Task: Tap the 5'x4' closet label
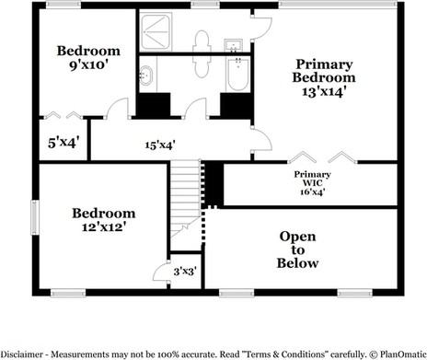(x=63, y=143)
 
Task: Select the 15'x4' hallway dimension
(x=160, y=145)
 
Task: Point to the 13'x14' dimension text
(x=323, y=93)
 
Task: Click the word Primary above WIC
(x=312, y=175)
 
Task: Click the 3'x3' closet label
(x=185, y=271)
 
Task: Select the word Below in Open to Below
(x=297, y=263)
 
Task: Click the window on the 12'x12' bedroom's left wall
(x=35, y=219)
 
